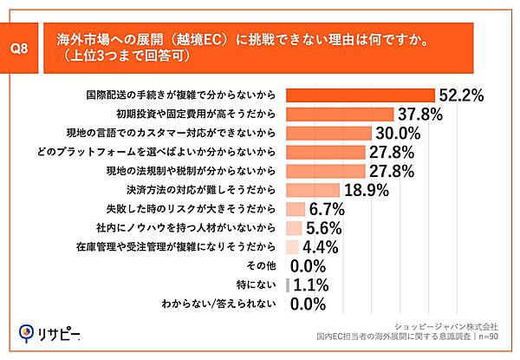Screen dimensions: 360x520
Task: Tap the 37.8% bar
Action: click(340, 114)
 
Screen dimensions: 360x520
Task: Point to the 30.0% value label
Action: click(397, 133)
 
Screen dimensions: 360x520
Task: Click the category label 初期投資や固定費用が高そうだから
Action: click(196, 114)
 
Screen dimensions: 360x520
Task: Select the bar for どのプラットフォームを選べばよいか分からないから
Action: click(324, 152)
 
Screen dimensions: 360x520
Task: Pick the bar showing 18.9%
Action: click(311, 190)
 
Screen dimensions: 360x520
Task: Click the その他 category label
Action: click(262, 265)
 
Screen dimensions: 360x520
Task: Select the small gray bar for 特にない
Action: click(286, 285)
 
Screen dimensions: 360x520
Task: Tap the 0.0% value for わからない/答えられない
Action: click(307, 304)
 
